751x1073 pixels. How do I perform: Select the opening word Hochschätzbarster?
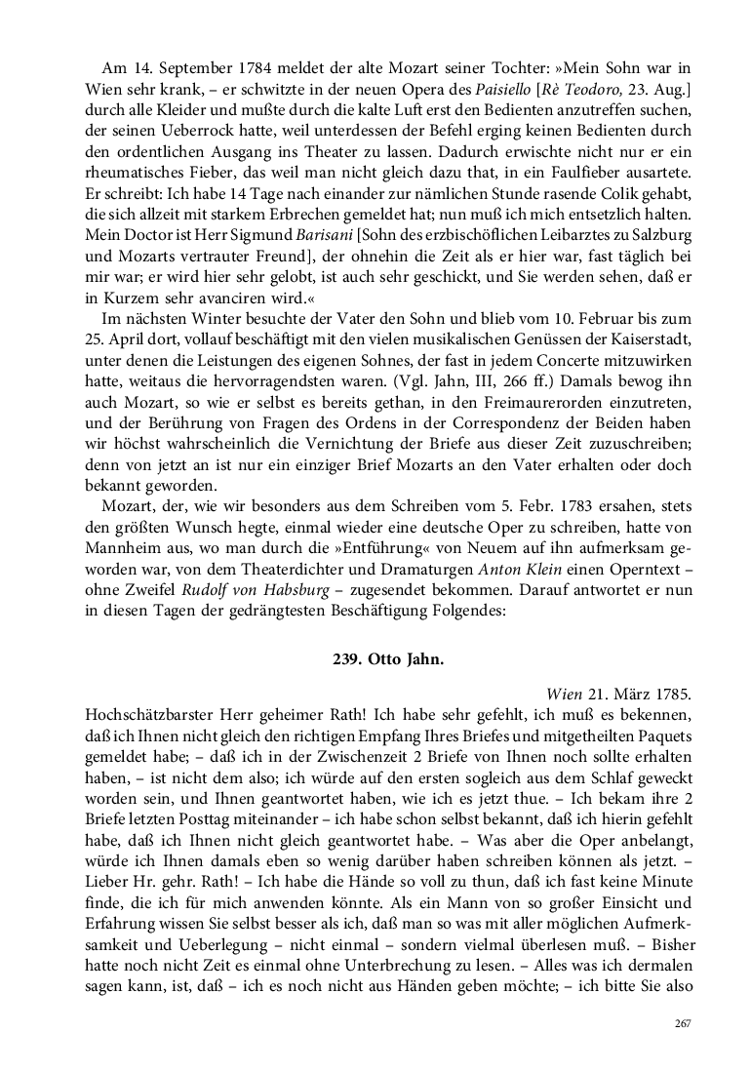[143, 715]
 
